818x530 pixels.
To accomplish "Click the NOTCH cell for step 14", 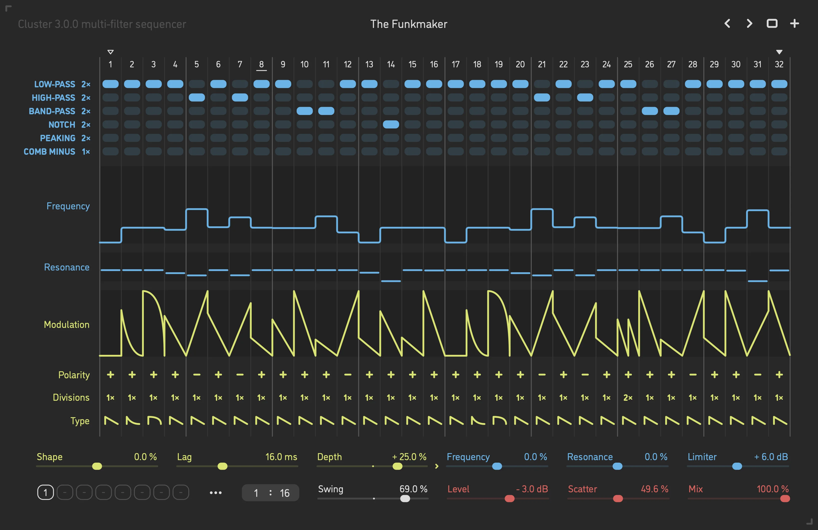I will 391,124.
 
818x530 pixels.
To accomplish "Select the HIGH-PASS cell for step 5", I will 197,98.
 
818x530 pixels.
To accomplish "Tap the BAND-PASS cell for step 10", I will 305,111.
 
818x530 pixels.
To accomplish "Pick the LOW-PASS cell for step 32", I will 779,84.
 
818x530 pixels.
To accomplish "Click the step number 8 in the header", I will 261,64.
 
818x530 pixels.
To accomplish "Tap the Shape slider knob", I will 97,466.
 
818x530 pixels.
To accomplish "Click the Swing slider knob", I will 405,498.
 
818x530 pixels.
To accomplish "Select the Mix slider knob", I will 785,498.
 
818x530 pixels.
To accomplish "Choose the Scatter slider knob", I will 618,498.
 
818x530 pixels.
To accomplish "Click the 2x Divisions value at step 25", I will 628,398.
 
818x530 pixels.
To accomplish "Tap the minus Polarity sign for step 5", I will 197,375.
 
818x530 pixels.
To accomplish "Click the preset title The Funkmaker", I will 409,24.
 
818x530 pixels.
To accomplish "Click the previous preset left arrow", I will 727,24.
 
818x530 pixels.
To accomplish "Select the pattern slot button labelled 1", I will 45,493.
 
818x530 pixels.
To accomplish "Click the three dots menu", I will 215,493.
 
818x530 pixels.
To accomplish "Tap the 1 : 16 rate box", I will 270,493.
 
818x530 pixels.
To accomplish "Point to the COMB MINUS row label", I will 49,151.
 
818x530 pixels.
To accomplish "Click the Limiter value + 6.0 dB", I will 771,457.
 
